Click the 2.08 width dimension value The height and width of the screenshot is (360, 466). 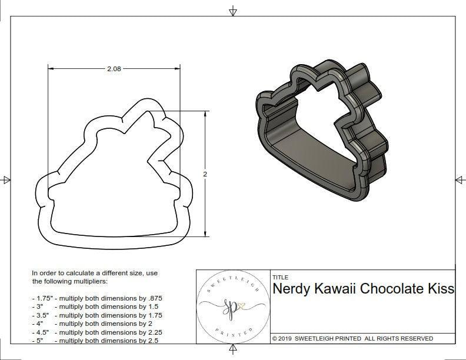point(114,69)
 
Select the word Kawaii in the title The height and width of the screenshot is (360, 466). point(336,289)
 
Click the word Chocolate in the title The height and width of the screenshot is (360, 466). point(394,289)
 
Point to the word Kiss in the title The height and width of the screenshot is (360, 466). point(442,289)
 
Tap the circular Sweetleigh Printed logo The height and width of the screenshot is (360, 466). point(232,306)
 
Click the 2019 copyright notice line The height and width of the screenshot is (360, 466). point(352,338)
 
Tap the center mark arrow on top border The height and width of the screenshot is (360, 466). point(233,11)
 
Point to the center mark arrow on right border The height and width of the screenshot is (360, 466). point(459,179)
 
